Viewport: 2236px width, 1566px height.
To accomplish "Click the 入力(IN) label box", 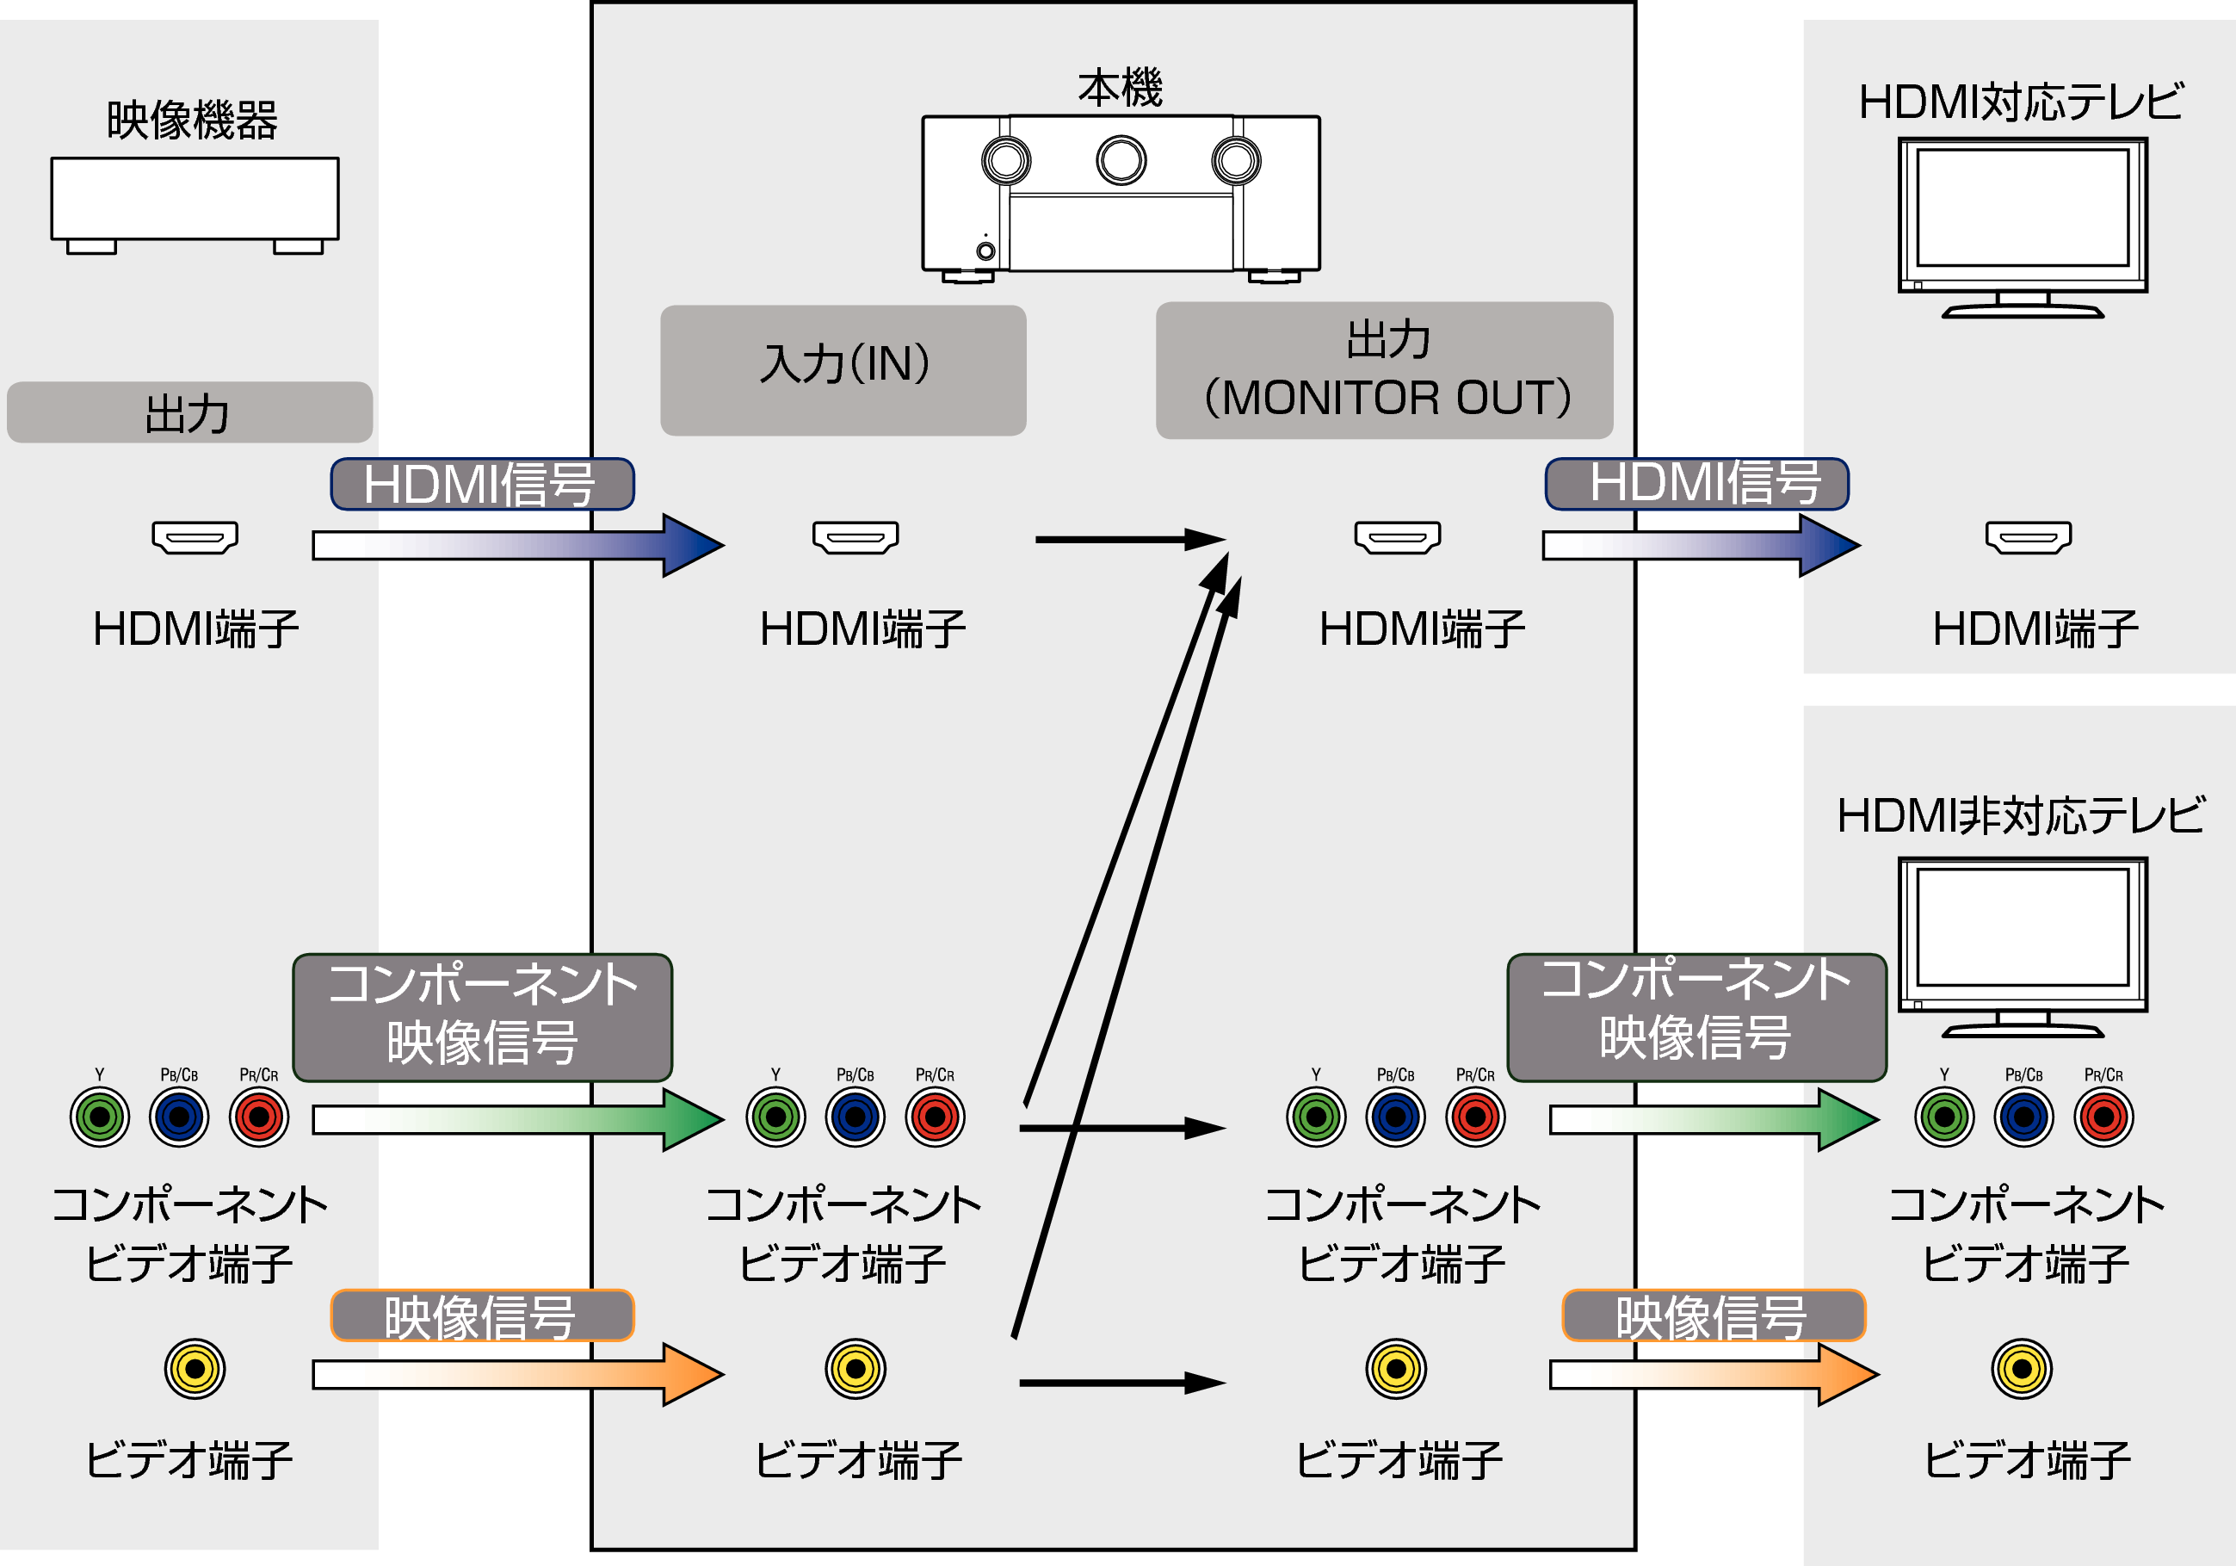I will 843,370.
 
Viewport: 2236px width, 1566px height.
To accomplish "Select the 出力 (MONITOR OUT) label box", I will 1384,370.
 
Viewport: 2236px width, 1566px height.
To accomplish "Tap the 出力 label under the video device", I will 189,413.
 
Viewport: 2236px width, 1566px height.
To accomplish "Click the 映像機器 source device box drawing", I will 195,200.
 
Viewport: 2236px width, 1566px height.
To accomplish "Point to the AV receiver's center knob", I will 1121,161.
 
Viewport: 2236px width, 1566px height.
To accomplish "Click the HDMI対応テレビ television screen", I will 2022,207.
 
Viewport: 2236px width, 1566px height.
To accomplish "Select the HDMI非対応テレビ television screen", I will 2022,927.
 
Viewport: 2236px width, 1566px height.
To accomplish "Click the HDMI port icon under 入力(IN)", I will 855,536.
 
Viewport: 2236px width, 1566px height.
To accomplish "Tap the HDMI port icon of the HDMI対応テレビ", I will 2029,536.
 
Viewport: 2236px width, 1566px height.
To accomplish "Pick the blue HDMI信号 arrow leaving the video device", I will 516,545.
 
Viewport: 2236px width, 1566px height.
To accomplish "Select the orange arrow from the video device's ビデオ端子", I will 516,1374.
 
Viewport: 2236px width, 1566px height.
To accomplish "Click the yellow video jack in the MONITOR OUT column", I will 1395,1368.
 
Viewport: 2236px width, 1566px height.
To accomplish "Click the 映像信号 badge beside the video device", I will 482,1315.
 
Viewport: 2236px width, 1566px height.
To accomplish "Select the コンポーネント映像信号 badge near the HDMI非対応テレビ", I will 1696,1017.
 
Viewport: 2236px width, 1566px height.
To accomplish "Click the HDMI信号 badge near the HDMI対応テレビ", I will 1696,483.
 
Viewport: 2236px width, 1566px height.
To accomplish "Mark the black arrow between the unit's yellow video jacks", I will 1120,1382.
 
